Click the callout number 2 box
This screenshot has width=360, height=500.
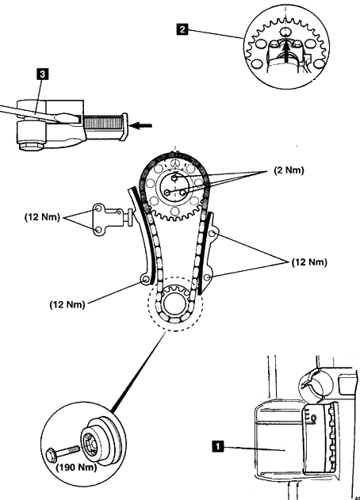[182, 29]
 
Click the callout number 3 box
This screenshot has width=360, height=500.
[43, 74]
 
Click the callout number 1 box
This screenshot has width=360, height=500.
[218, 446]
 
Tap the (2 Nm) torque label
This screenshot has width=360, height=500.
[289, 170]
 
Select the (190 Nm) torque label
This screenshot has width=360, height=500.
[76, 468]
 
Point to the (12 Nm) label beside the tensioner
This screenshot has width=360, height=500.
[42, 217]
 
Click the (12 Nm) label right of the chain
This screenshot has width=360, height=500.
[309, 262]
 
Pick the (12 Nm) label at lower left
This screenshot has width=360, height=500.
[67, 304]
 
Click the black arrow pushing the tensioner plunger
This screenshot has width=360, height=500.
[141, 125]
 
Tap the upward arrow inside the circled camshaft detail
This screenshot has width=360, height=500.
[287, 51]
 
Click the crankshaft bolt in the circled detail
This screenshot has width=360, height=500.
[63, 452]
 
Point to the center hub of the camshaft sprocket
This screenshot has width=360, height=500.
[174, 187]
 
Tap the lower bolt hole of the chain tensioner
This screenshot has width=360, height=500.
[98, 230]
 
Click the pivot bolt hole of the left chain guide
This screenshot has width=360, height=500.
[145, 280]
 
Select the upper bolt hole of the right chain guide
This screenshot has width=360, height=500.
[213, 234]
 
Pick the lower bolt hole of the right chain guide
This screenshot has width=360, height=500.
[206, 278]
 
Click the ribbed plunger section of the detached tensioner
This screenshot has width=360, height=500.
[102, 123]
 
